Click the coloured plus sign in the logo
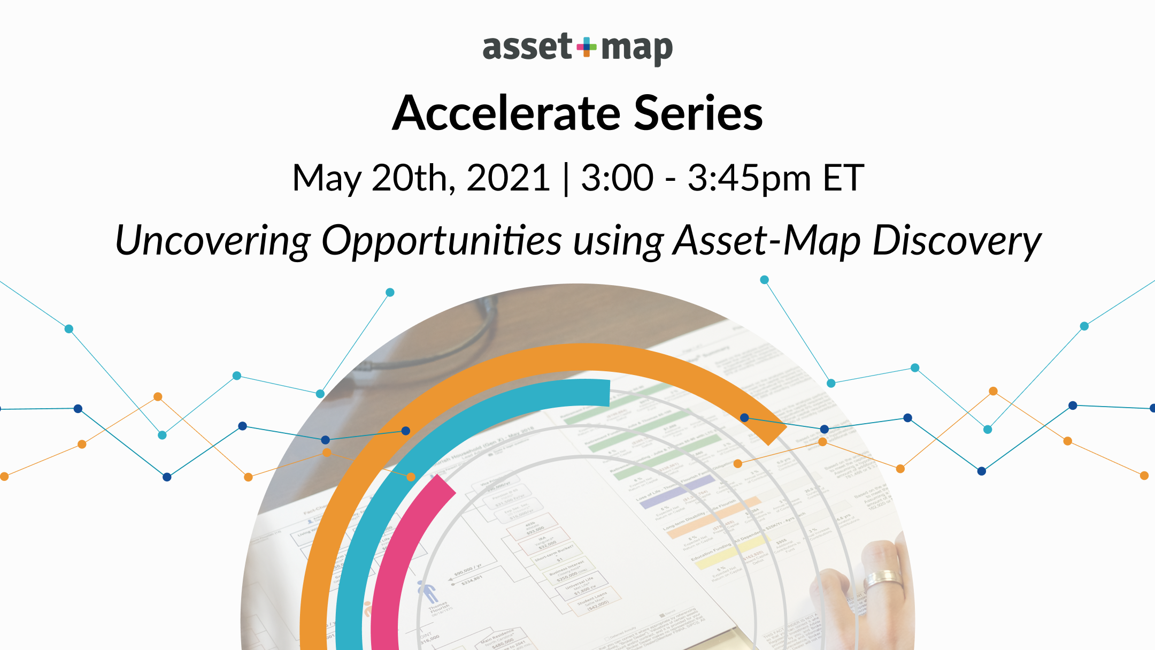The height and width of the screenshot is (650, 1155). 587,47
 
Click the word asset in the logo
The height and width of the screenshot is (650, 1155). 527,47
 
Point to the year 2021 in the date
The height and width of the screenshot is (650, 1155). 508,178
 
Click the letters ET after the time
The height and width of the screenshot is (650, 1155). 843,178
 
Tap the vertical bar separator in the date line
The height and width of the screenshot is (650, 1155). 566,179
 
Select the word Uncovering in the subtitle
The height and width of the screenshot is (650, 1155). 212,241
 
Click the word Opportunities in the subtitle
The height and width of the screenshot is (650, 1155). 441,241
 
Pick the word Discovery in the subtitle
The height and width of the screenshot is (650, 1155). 957,241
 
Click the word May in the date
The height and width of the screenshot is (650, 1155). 326,179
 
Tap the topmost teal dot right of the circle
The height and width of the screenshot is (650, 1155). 765,280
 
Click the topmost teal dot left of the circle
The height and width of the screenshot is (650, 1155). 390,293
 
